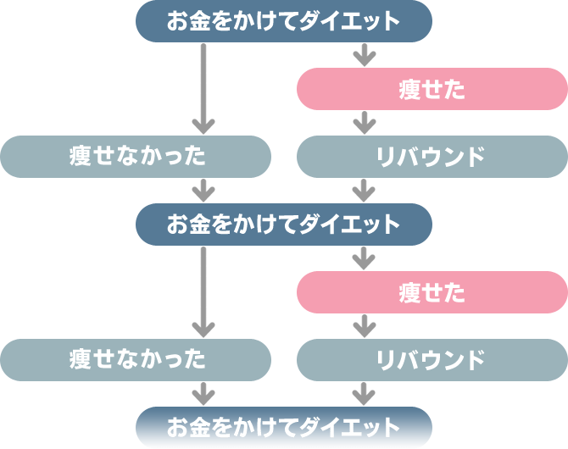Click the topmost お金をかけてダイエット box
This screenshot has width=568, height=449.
[283, 21]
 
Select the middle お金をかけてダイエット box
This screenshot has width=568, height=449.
[283, 224]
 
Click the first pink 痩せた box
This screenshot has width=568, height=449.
[432, 89]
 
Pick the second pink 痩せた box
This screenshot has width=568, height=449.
[432, 292]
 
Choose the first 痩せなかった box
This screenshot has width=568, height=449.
[136, 156]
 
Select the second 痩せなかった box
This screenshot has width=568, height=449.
[136, 359]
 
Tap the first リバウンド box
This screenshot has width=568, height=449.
[432, 156]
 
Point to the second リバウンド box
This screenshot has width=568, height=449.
[432, 359]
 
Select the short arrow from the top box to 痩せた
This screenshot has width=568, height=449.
[364, 55]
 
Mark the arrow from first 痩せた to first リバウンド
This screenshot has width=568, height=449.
[364, 122]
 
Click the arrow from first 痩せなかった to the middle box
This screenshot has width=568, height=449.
[203, 190]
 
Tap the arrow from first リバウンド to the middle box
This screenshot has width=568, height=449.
[364, 190]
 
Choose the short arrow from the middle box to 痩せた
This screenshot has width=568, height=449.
[364, 258]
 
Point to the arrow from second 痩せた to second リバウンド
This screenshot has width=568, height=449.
[364, 325]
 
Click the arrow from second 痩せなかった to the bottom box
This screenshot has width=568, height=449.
[203, 392]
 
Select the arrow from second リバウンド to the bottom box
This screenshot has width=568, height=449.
[364, 392]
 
